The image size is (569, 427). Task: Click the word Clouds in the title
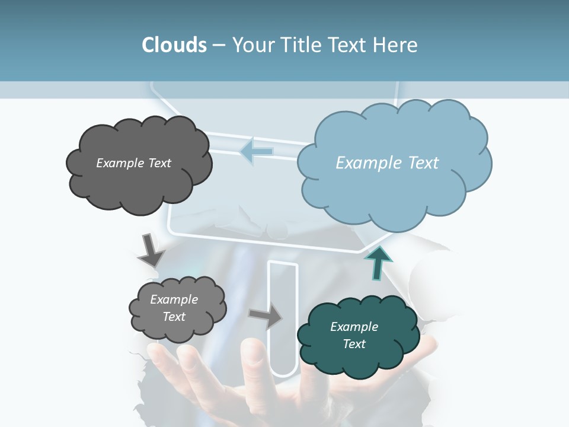click(174, 45)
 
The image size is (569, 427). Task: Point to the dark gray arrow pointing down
click(151, 250)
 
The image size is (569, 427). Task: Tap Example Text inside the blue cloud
click(387, 163)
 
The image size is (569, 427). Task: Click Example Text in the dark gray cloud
click(133, 163)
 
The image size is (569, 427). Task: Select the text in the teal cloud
click(354, 335)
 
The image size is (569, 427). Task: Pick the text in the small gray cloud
click(174, 308)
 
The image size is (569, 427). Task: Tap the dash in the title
click(219, 45)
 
